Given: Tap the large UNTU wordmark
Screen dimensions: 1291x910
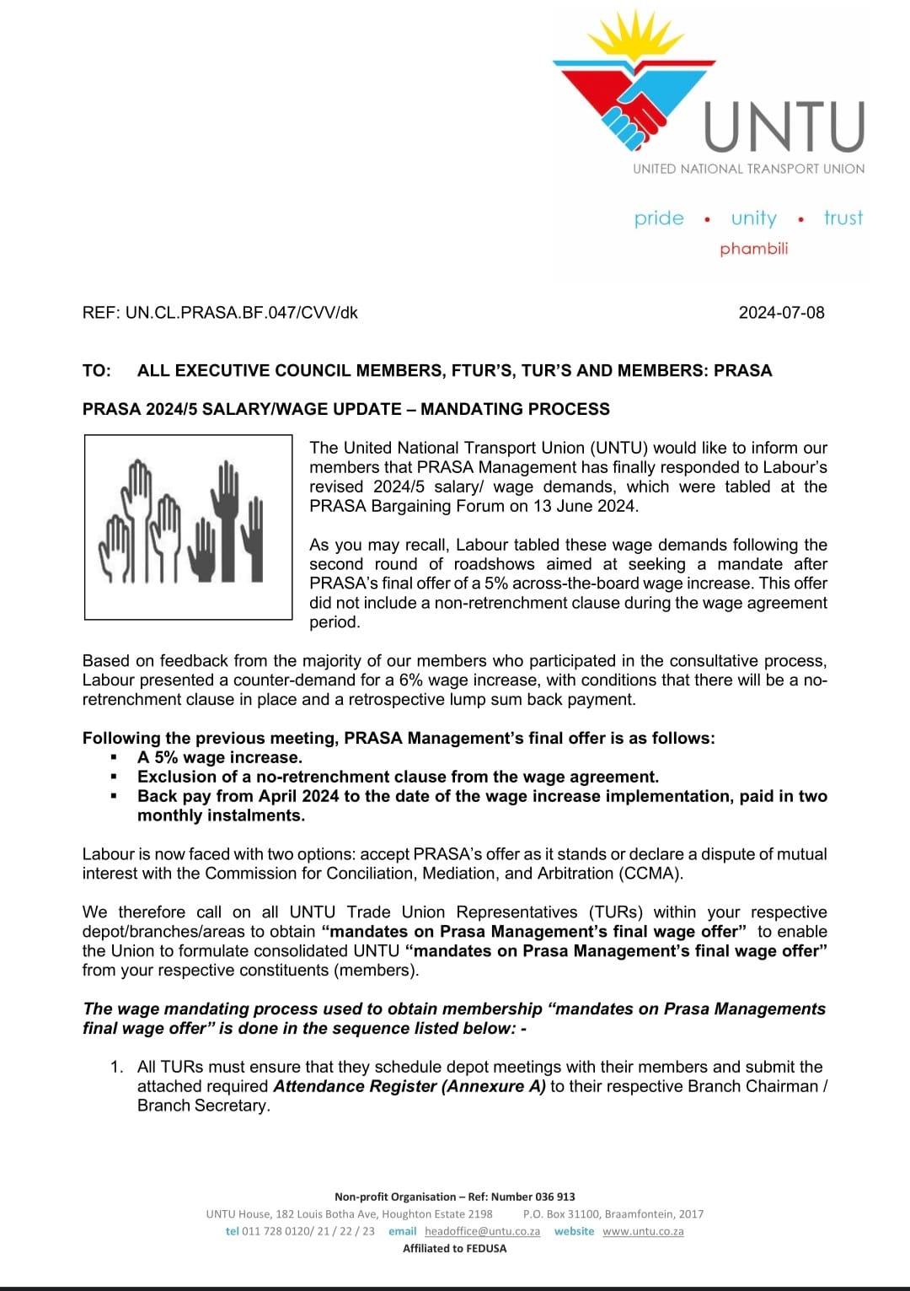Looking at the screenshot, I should click(x=784, y=126).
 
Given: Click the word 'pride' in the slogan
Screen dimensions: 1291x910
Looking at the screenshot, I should click(x=659, y=218).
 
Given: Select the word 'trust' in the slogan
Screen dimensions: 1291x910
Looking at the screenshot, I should click(x=843, y=218).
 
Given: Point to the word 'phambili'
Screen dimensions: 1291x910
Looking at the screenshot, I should click(x=753, y=249).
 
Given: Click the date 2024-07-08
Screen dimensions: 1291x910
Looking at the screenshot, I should click(x=781, y=313).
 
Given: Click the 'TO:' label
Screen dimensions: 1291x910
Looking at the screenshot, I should click(x=96, y=371).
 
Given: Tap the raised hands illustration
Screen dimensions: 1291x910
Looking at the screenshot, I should click(x=188, y=526).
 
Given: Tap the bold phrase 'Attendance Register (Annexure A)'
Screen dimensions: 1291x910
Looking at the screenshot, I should click(x=409, y=1086).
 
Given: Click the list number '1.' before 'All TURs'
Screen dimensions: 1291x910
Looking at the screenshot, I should click(x=117, y=1067).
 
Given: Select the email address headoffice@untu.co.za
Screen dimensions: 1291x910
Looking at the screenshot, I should click(x=482, y=1231).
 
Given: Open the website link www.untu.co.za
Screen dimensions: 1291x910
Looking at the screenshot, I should click(x=643, y=1231).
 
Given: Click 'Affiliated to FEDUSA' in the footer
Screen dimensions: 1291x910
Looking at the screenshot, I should click(x=454, y=1249).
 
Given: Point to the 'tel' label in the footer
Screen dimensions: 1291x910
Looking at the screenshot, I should click(x=233, y=1231).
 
